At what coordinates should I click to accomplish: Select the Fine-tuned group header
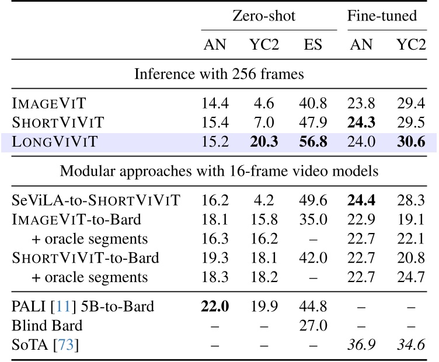point(382,16)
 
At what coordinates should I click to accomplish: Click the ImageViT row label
point(48,104)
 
